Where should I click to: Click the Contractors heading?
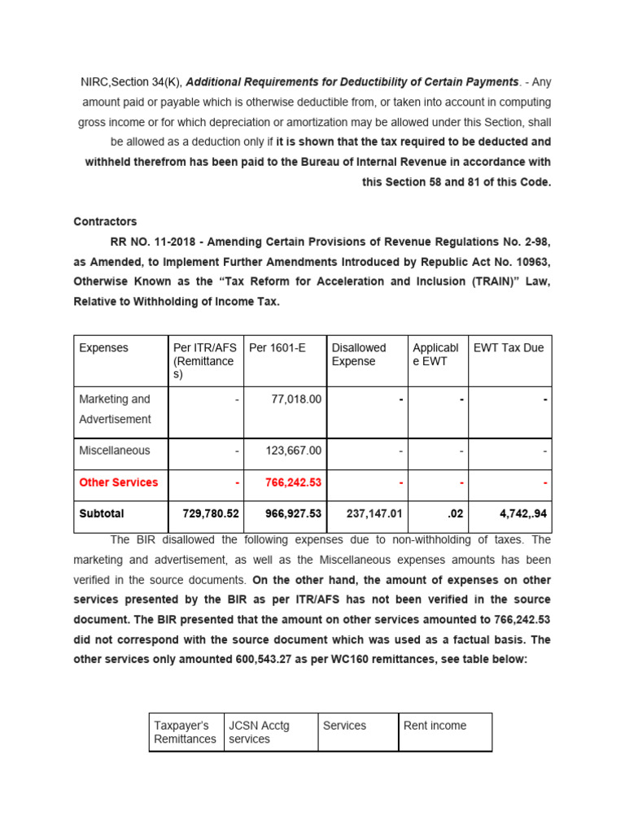[x=105, y=221]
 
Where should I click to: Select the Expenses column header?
[x=103, y=348]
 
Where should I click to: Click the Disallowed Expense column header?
[x=359, y=355]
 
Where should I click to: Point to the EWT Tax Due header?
[x=509, y=348]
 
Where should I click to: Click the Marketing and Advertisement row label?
[x=115, y=409]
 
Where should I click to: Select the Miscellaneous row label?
[x=115, y=451]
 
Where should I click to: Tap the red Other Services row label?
[x=118, y=482]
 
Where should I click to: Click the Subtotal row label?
[x=102, y=514]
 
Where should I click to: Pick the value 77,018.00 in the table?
[x=295, y=399]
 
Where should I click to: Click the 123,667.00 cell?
[x=293, y=451]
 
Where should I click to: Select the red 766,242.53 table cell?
[x=293, y=482]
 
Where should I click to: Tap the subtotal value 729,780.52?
[x=205, y=514]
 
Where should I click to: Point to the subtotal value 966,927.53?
[x=288, y=514]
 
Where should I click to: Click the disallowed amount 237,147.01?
[x=369, y=514]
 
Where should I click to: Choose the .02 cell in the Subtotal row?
[x=456, y=514]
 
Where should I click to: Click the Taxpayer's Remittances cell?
[x=186, y=732]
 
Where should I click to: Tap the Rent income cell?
[x=435, y=726]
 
